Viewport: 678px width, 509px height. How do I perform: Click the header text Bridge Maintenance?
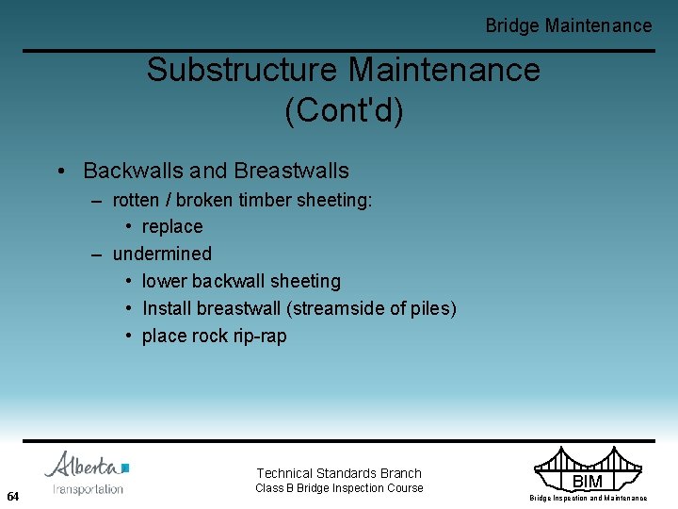tap(568, 25)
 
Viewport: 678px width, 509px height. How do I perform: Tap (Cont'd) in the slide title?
tap(344, 110)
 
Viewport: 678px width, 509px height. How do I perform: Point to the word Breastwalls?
tap(291, 171)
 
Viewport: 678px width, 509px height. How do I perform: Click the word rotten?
tap(137, 200)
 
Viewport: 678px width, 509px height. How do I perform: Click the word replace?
tap(172, 227)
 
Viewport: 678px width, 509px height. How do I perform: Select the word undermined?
tap(162, 254)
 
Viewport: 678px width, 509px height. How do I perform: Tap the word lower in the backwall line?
tap(164, 281)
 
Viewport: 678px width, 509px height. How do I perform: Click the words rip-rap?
tap(256, 336)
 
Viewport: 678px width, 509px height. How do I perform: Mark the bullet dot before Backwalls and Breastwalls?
tap(59, 172)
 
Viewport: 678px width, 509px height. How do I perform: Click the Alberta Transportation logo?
tap(88, 473)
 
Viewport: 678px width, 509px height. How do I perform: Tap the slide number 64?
tap(13, 496)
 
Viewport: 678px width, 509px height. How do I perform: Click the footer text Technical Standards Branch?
tap(339, 473)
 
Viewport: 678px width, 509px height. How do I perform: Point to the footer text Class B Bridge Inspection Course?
tap(339, 488)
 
